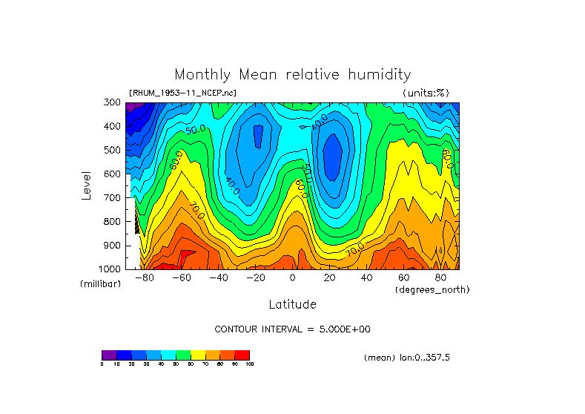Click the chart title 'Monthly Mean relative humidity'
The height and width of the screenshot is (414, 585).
click(x=292, y=74)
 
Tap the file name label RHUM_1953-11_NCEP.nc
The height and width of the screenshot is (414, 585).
click(x=182, y=93)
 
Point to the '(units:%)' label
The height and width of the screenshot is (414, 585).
click(x=426, y=93)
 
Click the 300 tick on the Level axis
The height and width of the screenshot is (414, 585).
click(x=113, y=102)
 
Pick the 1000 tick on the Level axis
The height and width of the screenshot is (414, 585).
click(x=110, y=269)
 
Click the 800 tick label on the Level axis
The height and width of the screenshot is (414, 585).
click(x=113, y=221)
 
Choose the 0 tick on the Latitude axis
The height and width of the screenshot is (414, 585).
click(x=293, y=278)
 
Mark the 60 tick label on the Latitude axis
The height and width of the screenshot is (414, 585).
click(x=404, y=278)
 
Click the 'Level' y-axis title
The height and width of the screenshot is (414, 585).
click(x=87, y=185)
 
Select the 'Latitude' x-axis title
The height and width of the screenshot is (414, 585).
click(x=292, y=304)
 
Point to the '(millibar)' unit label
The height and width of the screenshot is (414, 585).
click(x=101, y=285)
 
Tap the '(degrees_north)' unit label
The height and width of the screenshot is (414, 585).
click(x=432, y=289)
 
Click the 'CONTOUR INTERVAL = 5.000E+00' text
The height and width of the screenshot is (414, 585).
click(x=292, y=329)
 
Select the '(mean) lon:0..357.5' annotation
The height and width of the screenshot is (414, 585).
click(x=407, y=358)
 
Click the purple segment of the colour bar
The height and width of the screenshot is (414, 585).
click(x=109, y=355)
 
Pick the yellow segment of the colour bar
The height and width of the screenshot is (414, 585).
click(x=198, y=355)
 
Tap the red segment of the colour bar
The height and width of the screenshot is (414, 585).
click(x=242, y=355)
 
